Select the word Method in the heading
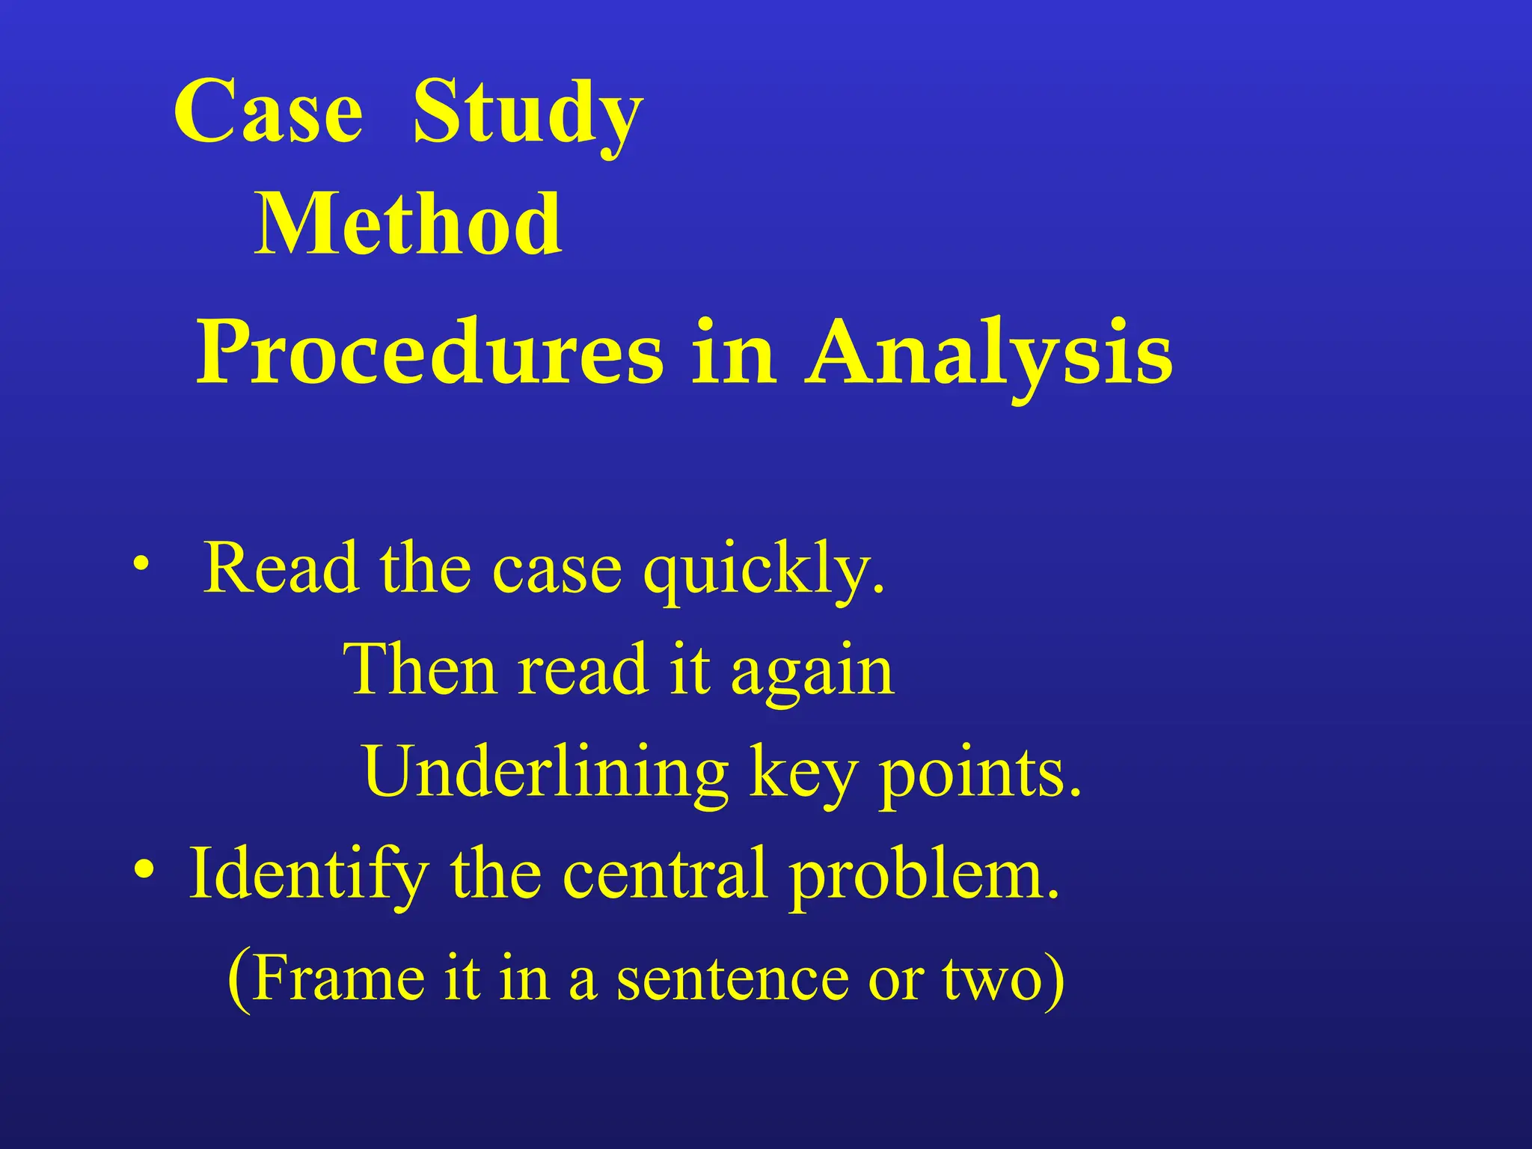click(x=408, y=224)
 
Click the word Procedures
click(x=429, y=352)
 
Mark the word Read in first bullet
click(x=281, y=569)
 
